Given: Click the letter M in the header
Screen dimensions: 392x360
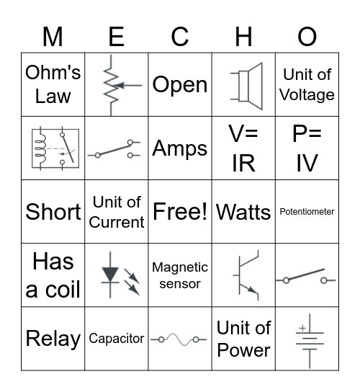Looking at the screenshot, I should click(53, 36).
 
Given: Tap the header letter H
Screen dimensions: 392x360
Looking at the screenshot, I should click(243, 36).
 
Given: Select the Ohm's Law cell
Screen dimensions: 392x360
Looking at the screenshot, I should click(53, 84).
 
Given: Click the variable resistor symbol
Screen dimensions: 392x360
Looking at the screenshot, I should click(117, 84).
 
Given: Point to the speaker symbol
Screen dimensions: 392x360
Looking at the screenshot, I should click(243, 84).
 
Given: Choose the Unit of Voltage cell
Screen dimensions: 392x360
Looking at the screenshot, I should click(307, 84).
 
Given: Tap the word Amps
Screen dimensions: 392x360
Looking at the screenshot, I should click(180, 148).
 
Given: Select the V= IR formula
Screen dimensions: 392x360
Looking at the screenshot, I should click(243, 148).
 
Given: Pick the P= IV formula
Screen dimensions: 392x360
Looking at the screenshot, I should click(307, 148).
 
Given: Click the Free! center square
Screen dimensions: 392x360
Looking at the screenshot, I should click(180, 212).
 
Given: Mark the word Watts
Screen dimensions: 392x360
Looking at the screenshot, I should click(243, 212).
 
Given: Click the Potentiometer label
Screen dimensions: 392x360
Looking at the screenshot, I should click(307, 212).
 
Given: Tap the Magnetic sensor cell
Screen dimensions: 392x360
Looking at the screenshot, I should click(180, 275).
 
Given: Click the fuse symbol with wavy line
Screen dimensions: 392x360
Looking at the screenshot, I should click(180, 339).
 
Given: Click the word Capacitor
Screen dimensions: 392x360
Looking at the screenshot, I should click(117, 338).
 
